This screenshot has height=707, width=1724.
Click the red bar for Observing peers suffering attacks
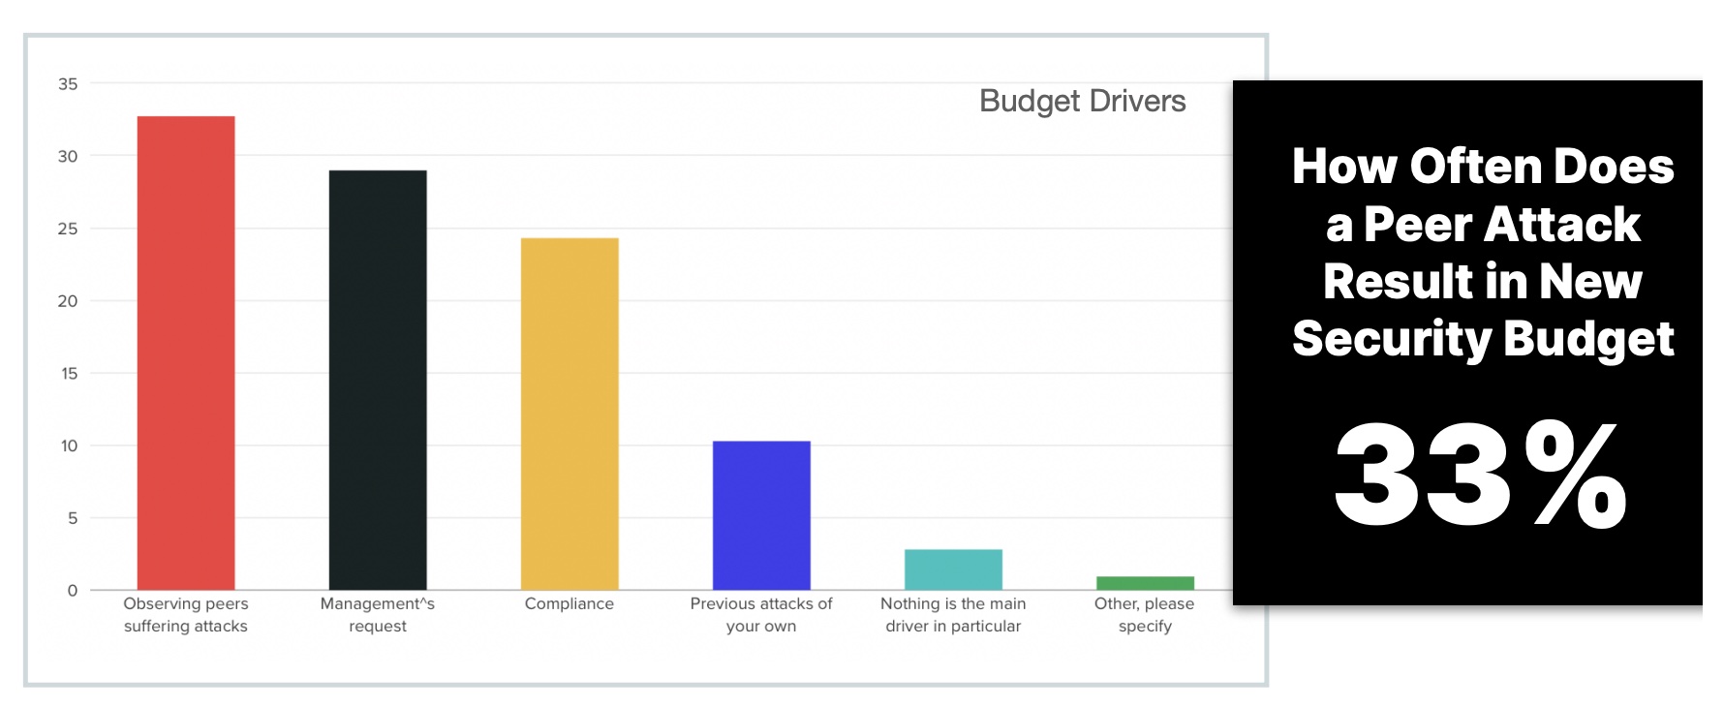pos(186,353)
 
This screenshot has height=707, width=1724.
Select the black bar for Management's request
pos(378,380)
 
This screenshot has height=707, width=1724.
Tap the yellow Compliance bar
pos(570,414)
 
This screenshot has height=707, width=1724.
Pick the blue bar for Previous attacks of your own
pos(761,515)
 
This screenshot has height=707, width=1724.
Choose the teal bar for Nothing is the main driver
pos(953,569)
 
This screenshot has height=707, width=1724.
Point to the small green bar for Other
pos(1145,583)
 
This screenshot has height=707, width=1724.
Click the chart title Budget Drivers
pos(1082,102)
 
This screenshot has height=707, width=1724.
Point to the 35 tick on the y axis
pos(68,84)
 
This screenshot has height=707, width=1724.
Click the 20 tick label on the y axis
pos(68,301)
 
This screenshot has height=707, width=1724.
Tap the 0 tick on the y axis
pos(73,591)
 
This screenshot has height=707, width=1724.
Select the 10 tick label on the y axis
pos(69,446)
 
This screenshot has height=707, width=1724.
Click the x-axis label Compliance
pos(570,603)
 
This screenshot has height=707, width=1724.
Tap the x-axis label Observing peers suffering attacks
pos(186,615)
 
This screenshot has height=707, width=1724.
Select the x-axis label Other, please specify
pos(1145,615)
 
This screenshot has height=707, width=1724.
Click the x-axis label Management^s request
pos(378,615)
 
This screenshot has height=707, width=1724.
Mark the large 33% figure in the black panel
pos(1480,475)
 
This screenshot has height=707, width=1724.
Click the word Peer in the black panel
pos(1418,225)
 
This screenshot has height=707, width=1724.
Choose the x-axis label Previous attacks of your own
pos(761,615)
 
